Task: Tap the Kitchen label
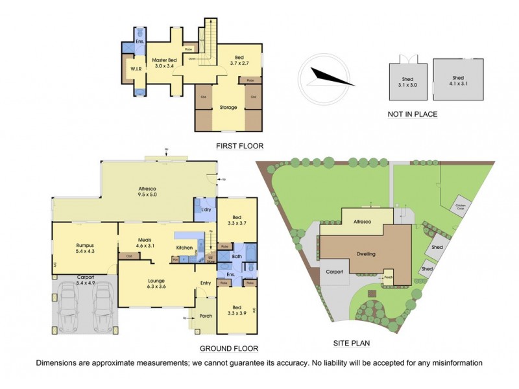[x=185, y=248]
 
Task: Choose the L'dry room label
[x=206, y=210]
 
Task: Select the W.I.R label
[x=136, y=68]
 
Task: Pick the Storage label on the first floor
[x=228, y=107]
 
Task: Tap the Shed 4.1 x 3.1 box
[x=459, y=80]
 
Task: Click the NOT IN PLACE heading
[x=412, y=114]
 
